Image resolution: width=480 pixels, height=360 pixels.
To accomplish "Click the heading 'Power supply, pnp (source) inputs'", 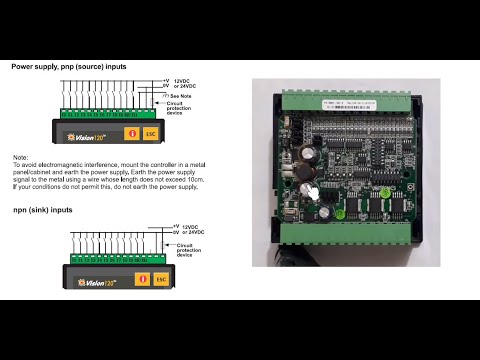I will pyautogui.click(x=69, y=66).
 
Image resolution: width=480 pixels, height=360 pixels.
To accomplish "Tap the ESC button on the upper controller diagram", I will pyautogui.click(x=151, y=133).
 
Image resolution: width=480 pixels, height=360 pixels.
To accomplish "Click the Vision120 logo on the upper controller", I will pyautogui.click(x=87, y=134).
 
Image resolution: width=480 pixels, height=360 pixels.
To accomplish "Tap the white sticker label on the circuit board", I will pyautogui.click(x=325, y=103).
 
